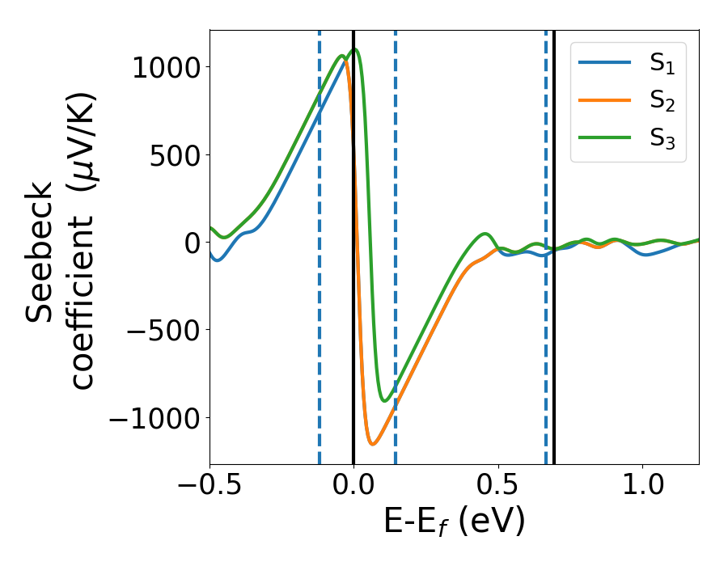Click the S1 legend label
point(662,64)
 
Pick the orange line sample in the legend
point(604,101)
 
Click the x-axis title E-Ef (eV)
point(454,522)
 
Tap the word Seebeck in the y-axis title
point(40,252)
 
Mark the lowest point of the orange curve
point(372,444)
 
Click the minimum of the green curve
point(385,400)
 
